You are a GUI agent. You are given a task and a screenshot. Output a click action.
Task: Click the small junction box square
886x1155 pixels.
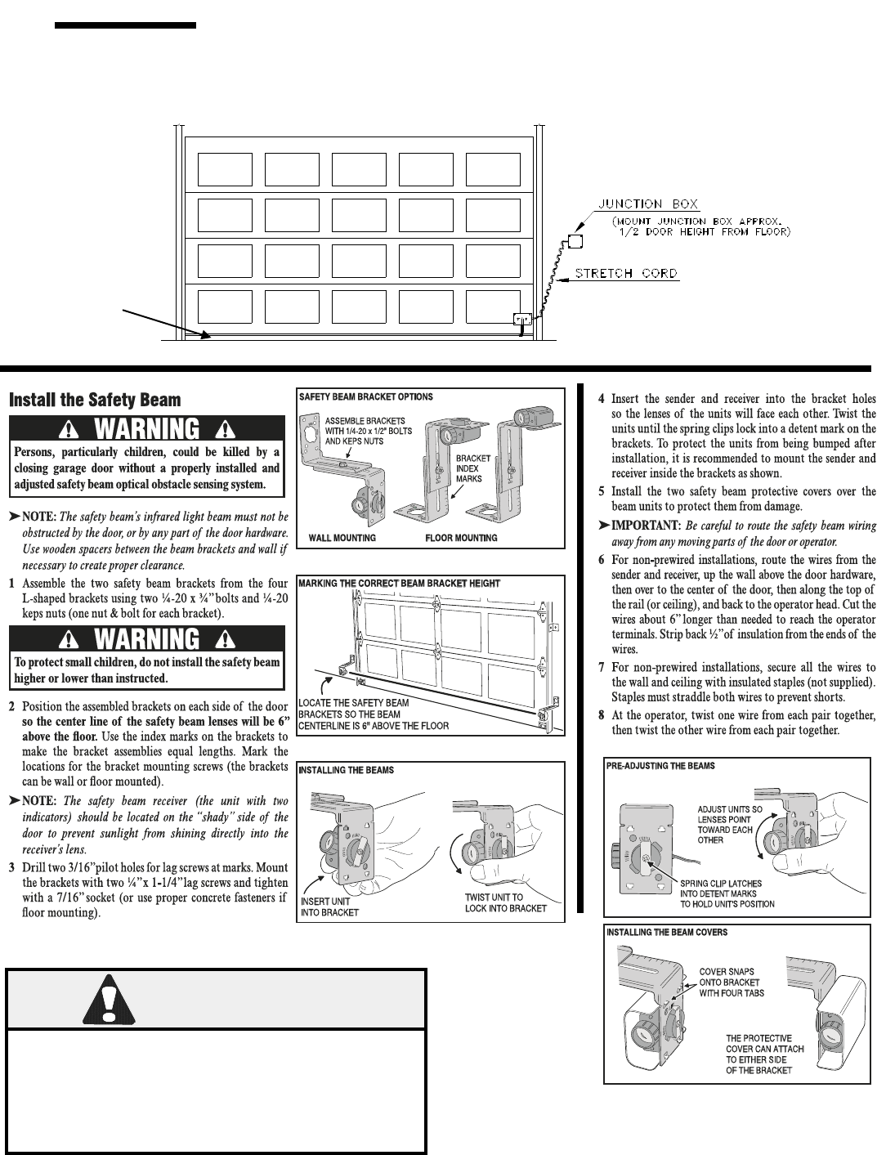(575, 242)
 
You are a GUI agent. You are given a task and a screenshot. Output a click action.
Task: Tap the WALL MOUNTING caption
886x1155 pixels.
(342, 538)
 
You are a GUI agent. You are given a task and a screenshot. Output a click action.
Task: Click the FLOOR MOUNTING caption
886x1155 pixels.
(461, 538)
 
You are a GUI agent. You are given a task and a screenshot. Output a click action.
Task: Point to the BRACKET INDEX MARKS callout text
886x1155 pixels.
(473, 468)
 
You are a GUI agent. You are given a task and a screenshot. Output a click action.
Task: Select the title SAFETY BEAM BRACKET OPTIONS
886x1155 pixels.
(365, 396)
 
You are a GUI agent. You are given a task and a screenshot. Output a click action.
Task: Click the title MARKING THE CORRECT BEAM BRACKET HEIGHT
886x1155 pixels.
(399, 583)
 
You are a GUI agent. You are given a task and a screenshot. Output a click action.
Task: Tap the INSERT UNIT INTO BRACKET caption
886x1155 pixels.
(329, 906)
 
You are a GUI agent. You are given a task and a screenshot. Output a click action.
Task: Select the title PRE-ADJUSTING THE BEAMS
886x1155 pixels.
(660, 766)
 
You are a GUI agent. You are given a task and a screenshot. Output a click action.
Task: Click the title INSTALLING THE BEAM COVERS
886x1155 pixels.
(666, 932)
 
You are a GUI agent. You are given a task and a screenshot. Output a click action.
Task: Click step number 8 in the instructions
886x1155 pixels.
(602, 716)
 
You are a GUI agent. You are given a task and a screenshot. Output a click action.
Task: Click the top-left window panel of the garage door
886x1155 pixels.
(226, 169)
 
